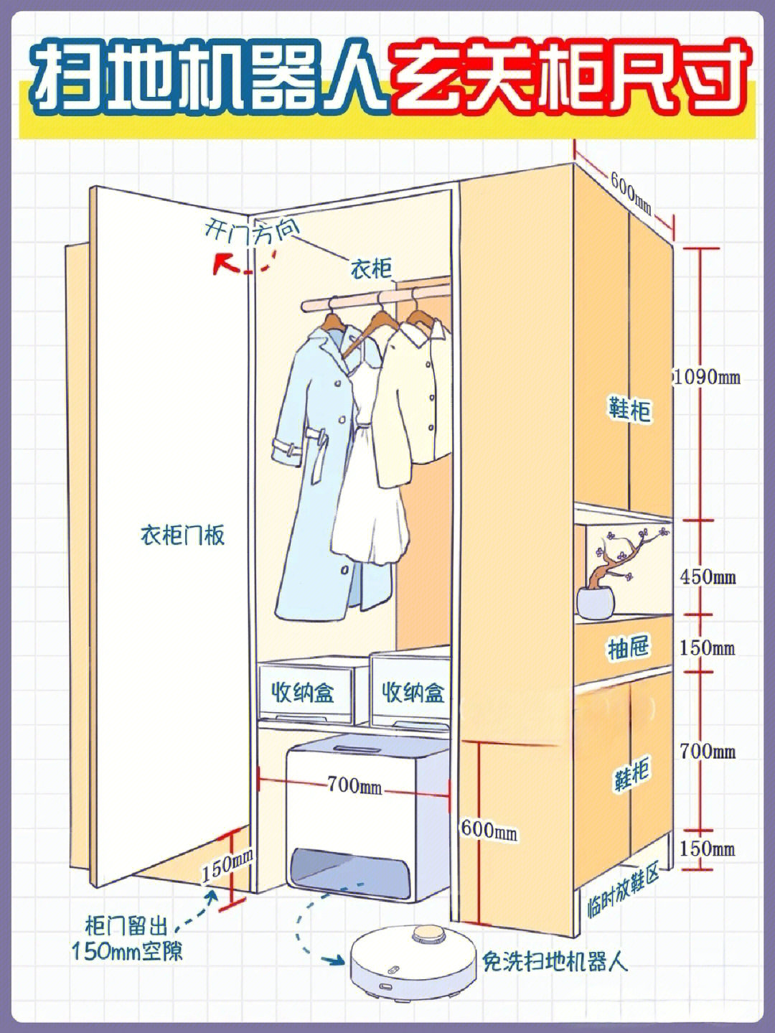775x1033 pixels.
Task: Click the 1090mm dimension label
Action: [x=708, y=377]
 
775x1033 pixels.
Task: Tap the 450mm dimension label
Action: [x=708, y=576]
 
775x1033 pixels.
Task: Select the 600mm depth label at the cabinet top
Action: [x=631, y=193]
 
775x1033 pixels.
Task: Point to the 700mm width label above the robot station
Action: [x=354, y=785]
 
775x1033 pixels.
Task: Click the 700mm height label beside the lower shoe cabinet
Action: [x=708, y=751]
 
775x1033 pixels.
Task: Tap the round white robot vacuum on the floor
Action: [x=412, y=958]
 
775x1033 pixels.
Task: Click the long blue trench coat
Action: [x=316, y=467]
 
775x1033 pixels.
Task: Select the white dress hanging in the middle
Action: [x=370, y=495]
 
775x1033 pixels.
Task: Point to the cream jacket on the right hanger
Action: [x=413, y=402]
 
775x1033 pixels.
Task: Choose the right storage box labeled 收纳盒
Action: [x=411, y=693]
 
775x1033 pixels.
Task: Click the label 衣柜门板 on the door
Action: [x=182, y=535]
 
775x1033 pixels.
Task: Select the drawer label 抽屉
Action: [x=628, y=648]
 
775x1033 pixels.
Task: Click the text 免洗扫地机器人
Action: [x=555, y=960]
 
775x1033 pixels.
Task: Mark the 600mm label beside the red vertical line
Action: [x=489, y=830]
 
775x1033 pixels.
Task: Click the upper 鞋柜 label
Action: [x=629, y=410]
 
